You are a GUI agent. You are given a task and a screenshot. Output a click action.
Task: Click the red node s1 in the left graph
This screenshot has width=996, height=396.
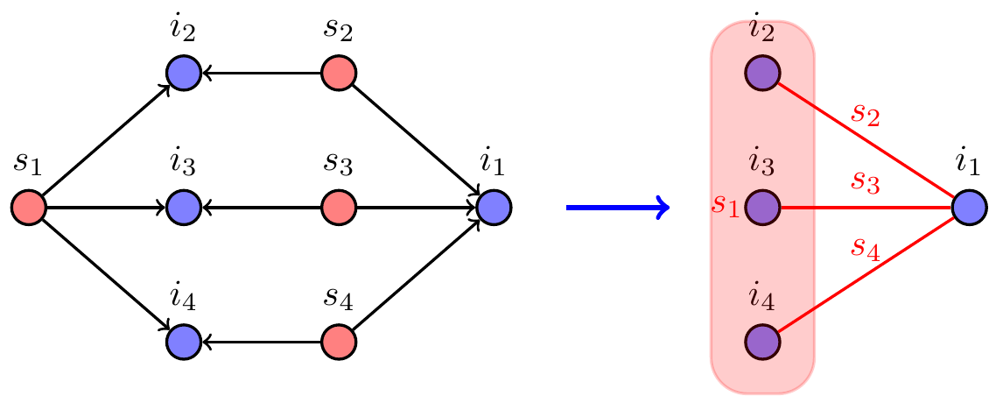pyautogui.click(x=29, y=208)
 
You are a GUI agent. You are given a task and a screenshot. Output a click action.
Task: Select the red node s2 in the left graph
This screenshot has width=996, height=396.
pyautogui.click(x=339, y=73)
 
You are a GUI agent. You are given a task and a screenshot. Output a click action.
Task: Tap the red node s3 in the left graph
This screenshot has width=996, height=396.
pyautogui.click(x=339, y=208)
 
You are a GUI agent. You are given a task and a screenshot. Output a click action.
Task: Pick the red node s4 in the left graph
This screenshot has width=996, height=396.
pyautogui.click(x=339, y=342)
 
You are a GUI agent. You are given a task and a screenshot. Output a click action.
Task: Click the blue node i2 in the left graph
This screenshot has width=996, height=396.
pyautogui.click(x=184, y=73)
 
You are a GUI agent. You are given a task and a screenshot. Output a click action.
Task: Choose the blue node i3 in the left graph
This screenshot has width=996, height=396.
pyautogui.click(x=184, y=208)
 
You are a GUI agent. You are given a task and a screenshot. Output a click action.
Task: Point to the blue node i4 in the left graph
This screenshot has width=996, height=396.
pyautogui.click(x=184, y=342)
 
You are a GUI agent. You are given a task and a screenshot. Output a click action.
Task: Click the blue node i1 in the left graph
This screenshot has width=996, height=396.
pyautogui.click(x=494, y=208)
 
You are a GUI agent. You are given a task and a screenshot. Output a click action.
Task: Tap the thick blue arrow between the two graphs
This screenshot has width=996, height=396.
pyautogui.click(x=617, y=208)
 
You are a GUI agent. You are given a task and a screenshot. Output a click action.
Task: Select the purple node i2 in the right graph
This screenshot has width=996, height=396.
pyautogui.click(x=762, y=73)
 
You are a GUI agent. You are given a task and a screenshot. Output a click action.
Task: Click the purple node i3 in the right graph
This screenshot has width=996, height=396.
pyautogui.click(x=762, y=208)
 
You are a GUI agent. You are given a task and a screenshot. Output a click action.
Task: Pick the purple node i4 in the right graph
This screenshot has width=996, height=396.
pyautogui.click(x=762, y=342)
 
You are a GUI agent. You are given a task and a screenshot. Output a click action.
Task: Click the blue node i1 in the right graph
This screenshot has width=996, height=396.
pyautogui.click(x=969, y=208)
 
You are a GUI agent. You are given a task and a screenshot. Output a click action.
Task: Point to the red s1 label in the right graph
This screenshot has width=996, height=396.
pyautogui.click(x=726, y=204)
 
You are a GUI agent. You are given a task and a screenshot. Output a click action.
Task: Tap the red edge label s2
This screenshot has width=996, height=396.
pyautogui.click(x=866, y=113)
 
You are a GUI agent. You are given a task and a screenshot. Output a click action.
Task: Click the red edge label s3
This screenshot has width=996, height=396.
pyautogui.click(x=866, y=183)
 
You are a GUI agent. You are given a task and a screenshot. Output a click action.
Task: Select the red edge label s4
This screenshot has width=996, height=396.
pyautogui.click(x=866, y=248)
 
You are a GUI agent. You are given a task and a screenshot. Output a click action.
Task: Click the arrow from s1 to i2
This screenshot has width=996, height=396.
pyautogui.click(x=105, y=141)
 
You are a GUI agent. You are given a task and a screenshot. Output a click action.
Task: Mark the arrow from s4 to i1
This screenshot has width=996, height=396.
pyautogui.click(x=417, y=274)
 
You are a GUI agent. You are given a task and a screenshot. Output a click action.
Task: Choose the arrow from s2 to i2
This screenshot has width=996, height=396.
pyautogui.click(x=261, y=73)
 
